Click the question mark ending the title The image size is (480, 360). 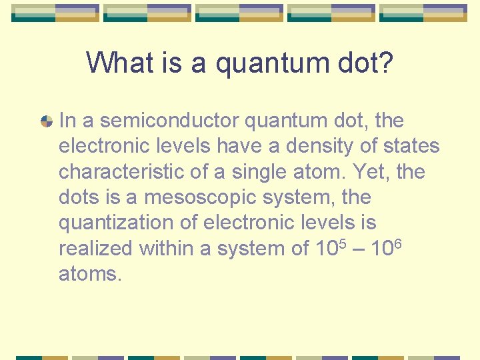[385, 64]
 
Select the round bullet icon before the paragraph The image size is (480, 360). [47, 121]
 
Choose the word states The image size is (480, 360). [409, 146]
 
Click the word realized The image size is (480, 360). [96, 248]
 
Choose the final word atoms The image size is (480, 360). [89, 273]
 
